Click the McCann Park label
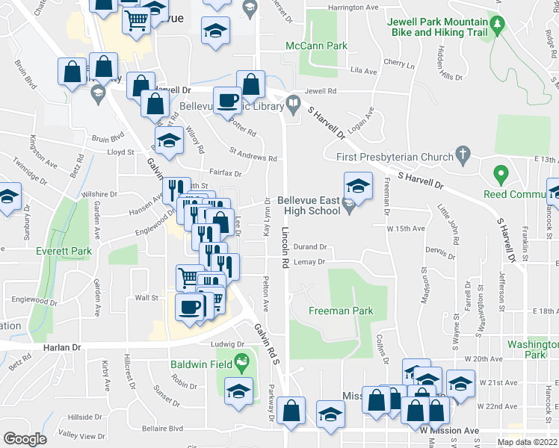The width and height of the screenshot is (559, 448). [x=317, y=46]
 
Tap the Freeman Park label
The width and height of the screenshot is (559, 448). [x=341, y=311]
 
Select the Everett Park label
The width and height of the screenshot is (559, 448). [x=64, y=251]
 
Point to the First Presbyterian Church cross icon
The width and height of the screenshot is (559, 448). [x=463, y=157]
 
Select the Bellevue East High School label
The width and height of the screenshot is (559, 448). [x=309, y=205]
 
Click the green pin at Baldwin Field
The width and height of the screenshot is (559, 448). [x=241, y=364]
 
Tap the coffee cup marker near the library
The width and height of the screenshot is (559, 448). [x=228, y=100]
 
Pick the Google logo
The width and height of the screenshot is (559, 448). [x=25, y=439]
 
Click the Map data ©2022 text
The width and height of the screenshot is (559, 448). [x=528, y=442]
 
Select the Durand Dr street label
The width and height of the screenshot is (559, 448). [x=311, y=246]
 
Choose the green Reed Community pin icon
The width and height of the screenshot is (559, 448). [x=500, y=177]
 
